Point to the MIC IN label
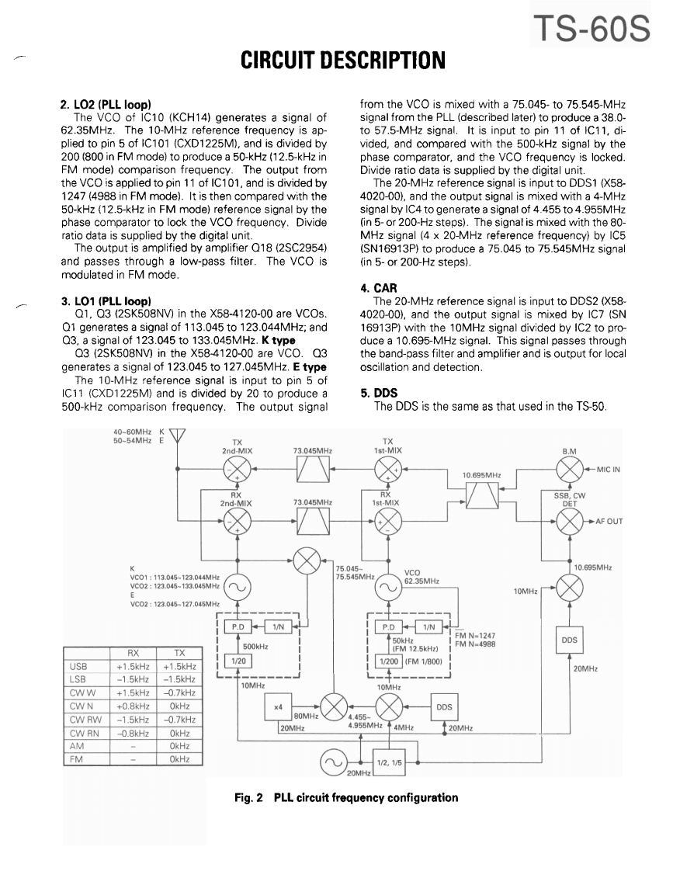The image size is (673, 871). pyautogui.click(x=612, y=470)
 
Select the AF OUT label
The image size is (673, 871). pyautogui.click(x=612, y=521)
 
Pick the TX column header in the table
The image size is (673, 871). pyautogui.click(x=179, y=654)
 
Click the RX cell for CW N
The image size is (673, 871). pyautogui.click(x=128, y=706)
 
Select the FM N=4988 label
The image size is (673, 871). pyautogui.click(x=476, y=643)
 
